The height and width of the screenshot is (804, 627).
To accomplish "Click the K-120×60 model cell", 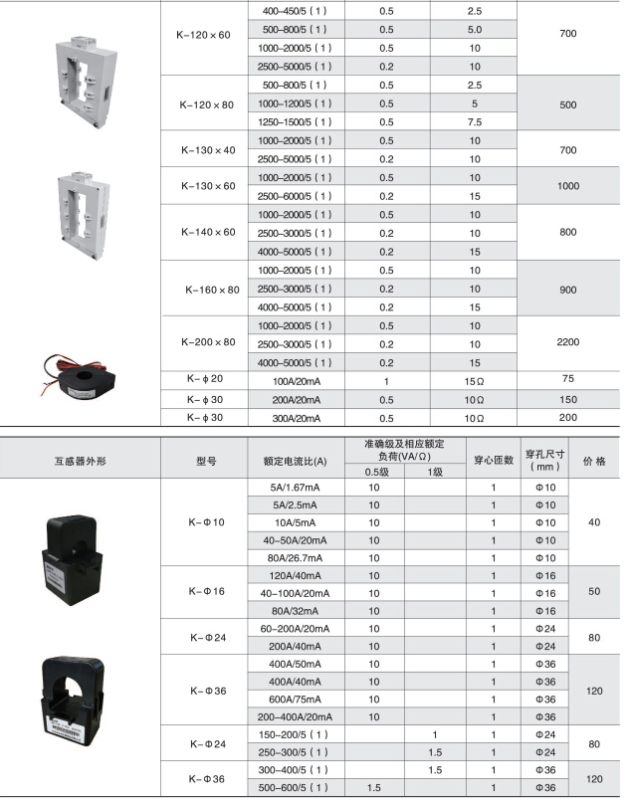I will click(205, 35).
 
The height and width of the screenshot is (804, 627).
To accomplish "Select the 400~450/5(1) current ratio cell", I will click(295, 11).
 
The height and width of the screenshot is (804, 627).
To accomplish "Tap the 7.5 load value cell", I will click(475, 122).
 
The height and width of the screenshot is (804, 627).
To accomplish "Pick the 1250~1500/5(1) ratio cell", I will click(295, 122).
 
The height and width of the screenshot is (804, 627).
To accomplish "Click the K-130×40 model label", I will click(208, 150).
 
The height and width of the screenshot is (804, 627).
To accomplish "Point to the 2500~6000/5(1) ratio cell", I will click(295, 196).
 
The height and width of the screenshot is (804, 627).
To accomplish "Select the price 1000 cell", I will click(568, 186).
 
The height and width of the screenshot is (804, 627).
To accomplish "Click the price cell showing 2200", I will click(568, 342).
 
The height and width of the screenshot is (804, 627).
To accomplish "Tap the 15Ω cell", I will click(475, 380).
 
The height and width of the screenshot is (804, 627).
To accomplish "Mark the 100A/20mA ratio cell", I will click(295, 380).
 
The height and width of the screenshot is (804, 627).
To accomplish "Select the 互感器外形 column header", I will click(81, 461).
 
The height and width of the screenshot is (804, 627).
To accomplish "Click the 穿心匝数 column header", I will click(493, 461).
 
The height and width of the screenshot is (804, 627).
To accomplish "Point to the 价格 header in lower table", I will click(594, 461).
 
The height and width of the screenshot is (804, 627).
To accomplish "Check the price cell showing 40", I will click(595, 522).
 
